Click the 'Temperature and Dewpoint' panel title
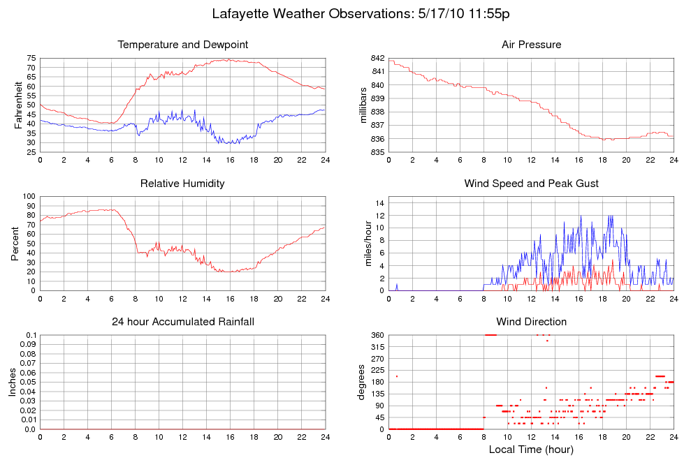pyautogui.click(x=183, y=45)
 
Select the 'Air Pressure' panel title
pyautogui.click(x=531, y=45)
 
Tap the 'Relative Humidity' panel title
pyautogui.click(x=183, y=184)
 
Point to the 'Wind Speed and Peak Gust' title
pyautogui.click(x=531, y=184)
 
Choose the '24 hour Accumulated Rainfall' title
pyautogui.click(x=183, y=322)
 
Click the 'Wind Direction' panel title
pyautogui.click(x=531, y=322)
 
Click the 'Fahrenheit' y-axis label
pyautogui.click(x=19, y=105)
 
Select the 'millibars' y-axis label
pyautogui.click(x=363, y=105)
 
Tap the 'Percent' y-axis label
pyautogui.click(x=15, y=243)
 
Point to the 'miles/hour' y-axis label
pyautogui.click(x=363, y=244)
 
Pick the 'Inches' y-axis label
pyautogui.click(x=13, y=383)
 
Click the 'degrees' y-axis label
pyautogui.click(x=361, y=383)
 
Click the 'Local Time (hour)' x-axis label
pyautogui.click(x=531, y=450)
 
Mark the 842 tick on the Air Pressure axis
pyautogui.click(x=378, y=58)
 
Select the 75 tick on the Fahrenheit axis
pyautogui.click(x=31, y=58)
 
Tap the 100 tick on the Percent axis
pyautogui.click(x=29, y=196)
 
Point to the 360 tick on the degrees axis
pyautogui.click(x=377, y=335)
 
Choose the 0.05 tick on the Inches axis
pyautogui.click(x=27, y=383)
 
